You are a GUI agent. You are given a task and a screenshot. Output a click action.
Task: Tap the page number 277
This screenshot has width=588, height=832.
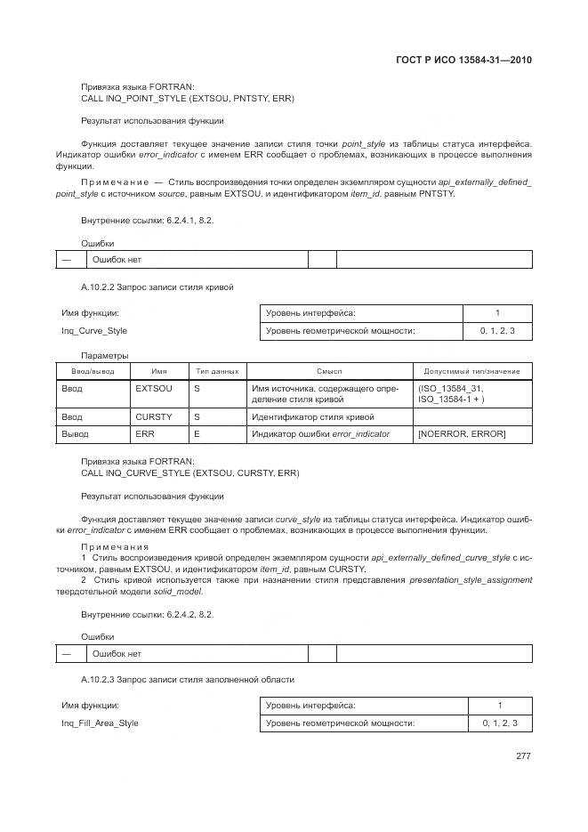pos(523,756)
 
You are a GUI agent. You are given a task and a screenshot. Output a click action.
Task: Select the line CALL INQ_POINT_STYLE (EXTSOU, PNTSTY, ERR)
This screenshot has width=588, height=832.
pos(188,98)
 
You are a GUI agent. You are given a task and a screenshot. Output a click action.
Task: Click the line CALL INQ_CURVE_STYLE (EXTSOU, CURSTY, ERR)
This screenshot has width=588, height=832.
pos(189,473)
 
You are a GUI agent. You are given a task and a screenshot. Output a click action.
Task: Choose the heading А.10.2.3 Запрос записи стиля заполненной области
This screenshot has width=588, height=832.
pos(187,680)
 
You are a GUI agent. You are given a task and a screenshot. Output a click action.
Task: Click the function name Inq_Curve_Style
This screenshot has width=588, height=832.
pos(94,331)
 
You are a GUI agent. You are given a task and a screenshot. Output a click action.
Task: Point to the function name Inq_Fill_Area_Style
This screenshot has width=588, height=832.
pos(100,723)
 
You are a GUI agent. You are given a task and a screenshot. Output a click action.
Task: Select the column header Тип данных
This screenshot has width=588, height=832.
pos(216,371)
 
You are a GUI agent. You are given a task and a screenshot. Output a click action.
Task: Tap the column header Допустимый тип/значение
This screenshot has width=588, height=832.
pos(472,371)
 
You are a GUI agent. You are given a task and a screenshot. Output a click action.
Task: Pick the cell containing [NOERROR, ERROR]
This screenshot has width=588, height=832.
pos(462,433)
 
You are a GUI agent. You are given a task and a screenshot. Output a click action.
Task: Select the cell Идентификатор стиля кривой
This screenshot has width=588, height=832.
pos(312,416)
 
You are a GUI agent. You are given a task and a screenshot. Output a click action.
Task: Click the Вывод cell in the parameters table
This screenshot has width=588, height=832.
pos(75,433)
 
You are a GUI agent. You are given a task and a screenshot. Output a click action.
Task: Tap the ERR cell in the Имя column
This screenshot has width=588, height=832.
pos(144,433)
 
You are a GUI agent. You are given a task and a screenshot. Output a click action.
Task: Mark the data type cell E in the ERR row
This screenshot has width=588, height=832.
pos(197,433)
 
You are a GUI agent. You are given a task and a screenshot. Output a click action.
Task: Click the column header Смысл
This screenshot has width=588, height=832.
pos(329,371)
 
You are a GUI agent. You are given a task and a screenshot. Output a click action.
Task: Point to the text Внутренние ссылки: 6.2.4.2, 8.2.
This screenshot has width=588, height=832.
pos(148,614)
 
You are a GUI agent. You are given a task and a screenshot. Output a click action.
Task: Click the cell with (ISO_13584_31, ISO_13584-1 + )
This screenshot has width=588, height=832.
pos(452,394)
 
